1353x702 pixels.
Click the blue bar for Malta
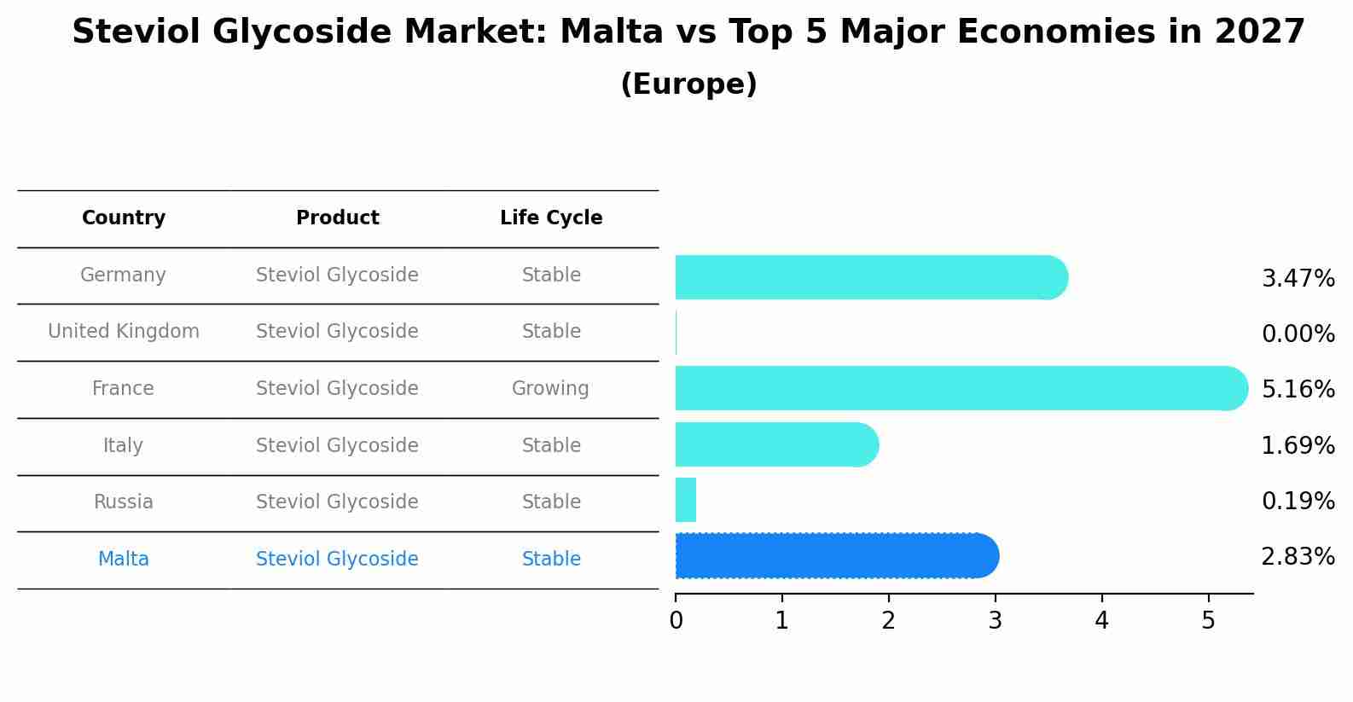[836, 556]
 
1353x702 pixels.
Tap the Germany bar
[870, 277]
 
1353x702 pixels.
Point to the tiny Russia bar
[686, 500]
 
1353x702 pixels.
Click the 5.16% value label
[1298, 390]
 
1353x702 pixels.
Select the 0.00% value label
[1298, 334]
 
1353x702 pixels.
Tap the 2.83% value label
[1298, 557]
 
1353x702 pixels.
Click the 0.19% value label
[1298, 501]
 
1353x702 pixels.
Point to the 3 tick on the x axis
[995, 620]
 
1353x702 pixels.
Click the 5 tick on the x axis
[1208, 620]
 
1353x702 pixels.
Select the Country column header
[124, 218]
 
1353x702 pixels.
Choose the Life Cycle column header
[551, 218]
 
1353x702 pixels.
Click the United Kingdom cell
[124, 332]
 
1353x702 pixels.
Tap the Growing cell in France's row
[550, 389]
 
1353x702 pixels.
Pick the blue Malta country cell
[124, 560]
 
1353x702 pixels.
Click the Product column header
[337, 218]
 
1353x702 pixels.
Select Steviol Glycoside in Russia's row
[337, 502]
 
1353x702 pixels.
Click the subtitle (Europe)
[688, 84]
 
